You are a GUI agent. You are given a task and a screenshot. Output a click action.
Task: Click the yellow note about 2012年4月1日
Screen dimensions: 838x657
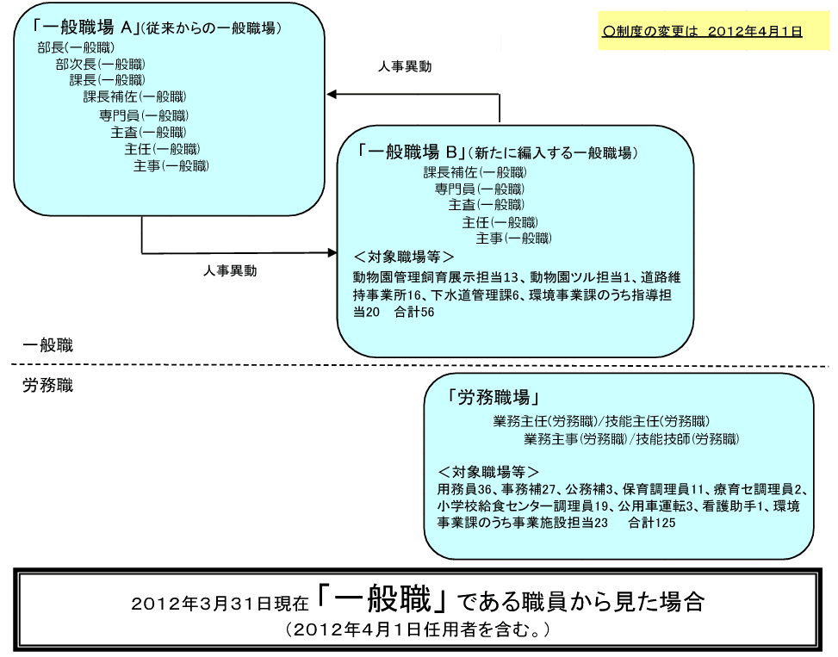point(713,31)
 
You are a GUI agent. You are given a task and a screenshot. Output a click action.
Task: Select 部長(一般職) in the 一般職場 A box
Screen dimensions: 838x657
point(76,47)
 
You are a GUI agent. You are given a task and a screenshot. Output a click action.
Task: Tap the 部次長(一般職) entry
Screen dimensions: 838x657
point(101,64)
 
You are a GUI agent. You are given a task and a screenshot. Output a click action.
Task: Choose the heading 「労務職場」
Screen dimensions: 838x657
point(493,397)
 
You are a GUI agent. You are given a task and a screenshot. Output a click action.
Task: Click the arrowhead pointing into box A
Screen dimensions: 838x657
point(332,95)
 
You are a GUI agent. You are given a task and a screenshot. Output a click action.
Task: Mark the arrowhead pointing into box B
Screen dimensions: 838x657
point(332,252)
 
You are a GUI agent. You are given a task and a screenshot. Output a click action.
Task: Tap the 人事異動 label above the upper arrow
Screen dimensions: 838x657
point(405,67)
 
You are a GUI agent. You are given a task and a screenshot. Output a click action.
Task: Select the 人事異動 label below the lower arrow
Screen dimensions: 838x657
point(230,271)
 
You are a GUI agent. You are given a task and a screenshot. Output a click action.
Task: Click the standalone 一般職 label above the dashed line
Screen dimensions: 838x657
point(47,345)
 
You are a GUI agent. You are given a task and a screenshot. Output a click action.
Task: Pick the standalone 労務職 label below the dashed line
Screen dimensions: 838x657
point(47,385)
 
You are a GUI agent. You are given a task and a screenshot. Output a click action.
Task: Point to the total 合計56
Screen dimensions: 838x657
point(414,312)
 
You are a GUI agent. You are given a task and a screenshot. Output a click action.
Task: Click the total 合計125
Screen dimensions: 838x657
point(651,523)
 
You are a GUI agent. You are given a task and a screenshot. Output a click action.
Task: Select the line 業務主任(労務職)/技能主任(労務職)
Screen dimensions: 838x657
point(601,421)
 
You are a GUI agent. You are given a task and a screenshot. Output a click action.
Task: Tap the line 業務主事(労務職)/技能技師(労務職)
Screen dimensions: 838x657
point(631,438)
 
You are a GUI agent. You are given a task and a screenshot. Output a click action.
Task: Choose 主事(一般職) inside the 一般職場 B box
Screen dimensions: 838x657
point(513,239)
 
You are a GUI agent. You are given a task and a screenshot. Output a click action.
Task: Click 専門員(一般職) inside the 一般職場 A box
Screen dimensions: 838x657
point(144,115)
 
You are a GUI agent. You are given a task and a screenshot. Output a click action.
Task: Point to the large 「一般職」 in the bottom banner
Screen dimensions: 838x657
point(382,598)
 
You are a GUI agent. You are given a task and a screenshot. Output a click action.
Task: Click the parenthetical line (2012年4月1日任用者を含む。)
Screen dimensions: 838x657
point(418,629)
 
